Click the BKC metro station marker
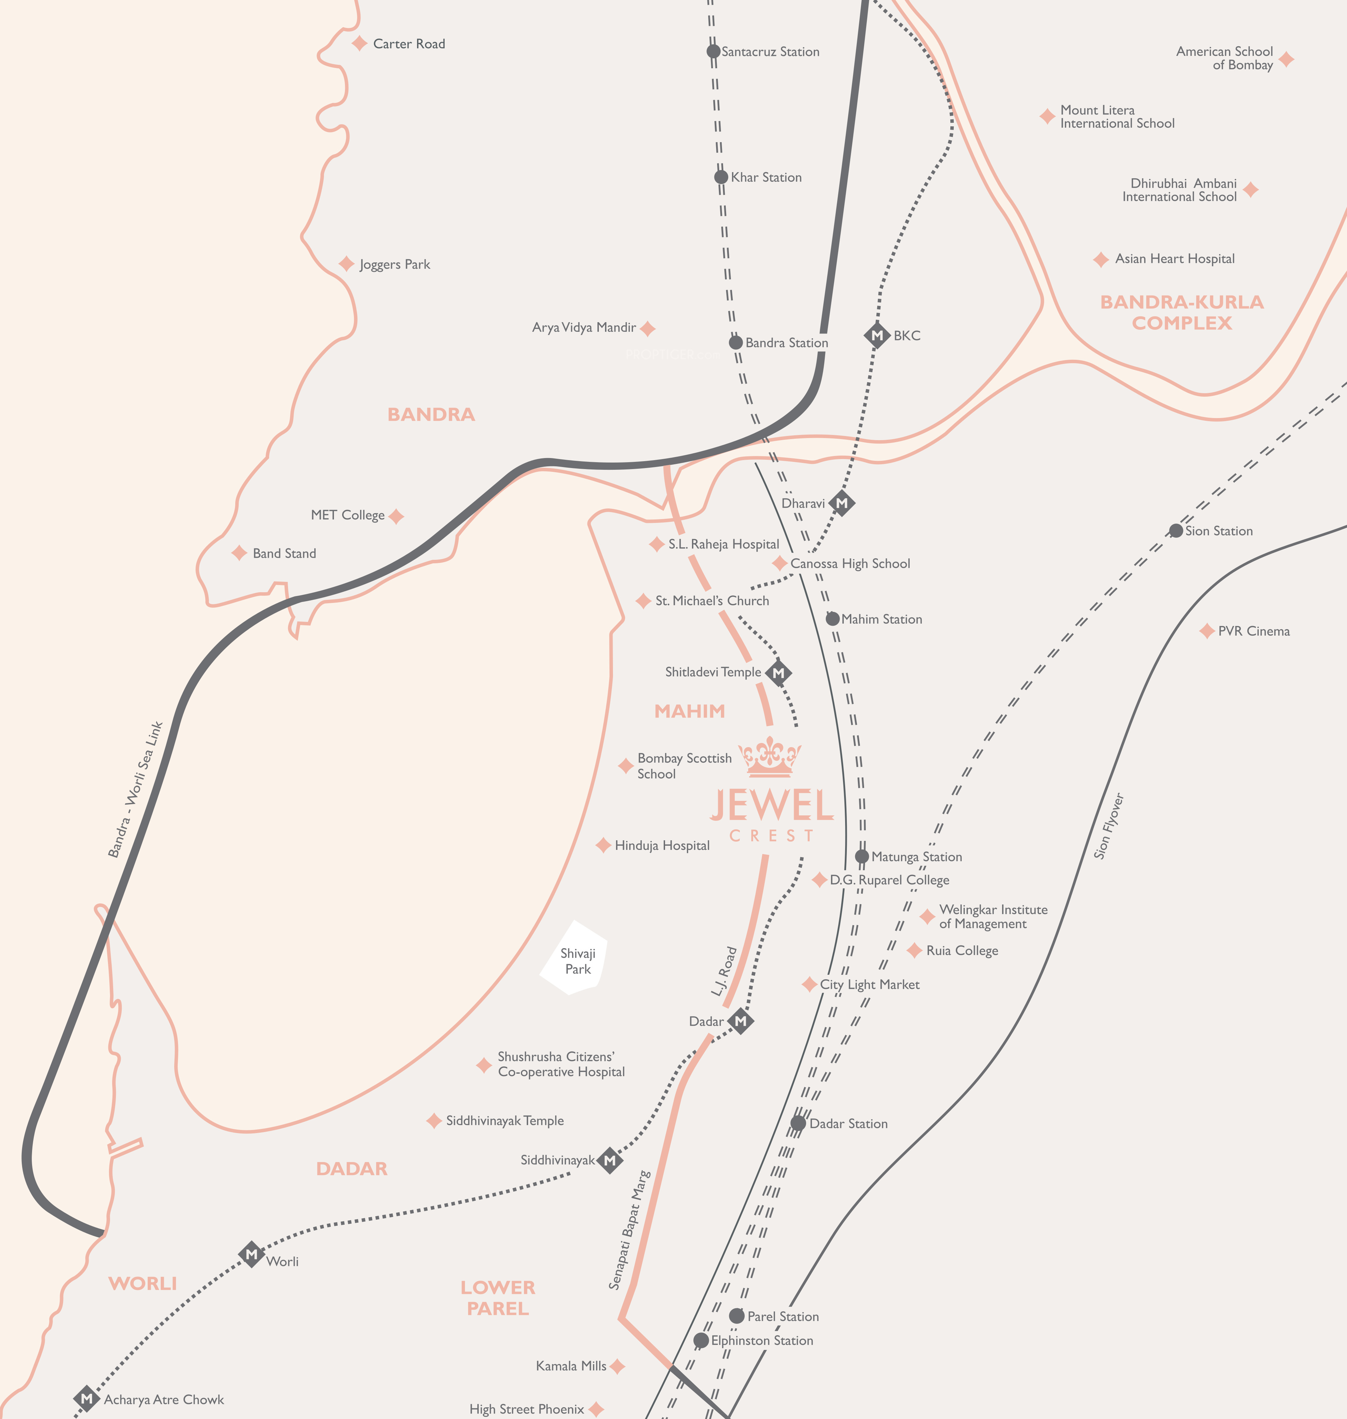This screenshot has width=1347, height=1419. pos(876,335)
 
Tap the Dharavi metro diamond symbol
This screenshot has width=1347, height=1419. pos(842,503)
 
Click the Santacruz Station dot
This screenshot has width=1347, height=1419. pos(713,51)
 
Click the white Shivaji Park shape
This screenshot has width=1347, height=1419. pos(574,959)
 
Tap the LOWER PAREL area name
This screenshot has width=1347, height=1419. pos(498,1298)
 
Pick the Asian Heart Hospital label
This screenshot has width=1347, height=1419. pos(1175,259)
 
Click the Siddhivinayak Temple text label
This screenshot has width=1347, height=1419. pos(505,1120)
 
